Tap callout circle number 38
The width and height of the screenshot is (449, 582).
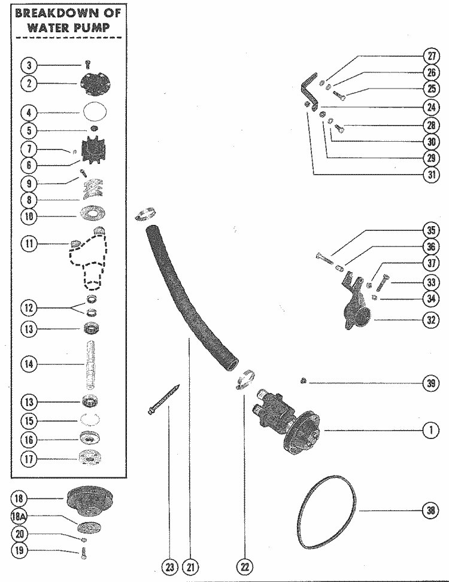pyautogui.click(x=430, y=510)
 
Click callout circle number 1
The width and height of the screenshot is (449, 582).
pyautogui.click(x=430, y=431)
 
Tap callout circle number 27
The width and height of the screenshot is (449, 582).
pyautogui.click(x=430, y=57)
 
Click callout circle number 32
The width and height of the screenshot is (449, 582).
pyautogui.click(x=430, y=319)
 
